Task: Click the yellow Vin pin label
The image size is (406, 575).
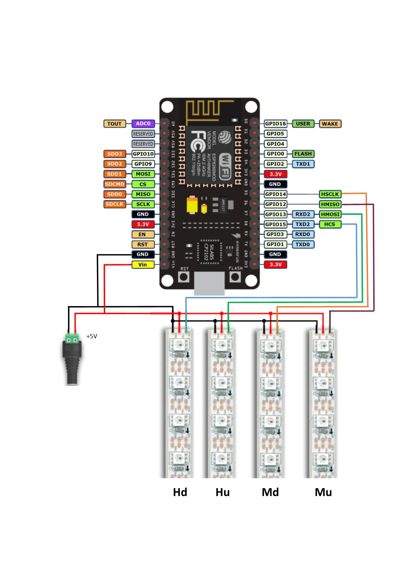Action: (143, 265)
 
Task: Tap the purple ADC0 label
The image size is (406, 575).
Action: (143, 124)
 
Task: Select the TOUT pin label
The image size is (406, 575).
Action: (115, 124)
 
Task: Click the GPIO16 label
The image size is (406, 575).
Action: (275, 124)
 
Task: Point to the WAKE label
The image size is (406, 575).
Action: (330, 124)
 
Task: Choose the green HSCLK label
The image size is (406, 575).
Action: (330, 194)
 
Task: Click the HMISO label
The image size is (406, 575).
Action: (330, 204)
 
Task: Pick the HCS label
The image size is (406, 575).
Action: (330, 224)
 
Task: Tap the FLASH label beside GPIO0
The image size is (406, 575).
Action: (303, 154)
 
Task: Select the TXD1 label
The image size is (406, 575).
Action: (303, 164)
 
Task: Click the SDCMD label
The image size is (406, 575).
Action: (115, 184)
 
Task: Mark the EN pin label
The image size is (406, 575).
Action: (142, 234)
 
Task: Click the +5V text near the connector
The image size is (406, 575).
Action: (92, 336)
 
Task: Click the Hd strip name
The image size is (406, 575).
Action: (180, 492)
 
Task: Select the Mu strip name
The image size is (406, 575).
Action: (323, 492)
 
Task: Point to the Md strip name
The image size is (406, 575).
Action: (270, 492)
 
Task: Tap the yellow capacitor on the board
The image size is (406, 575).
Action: (192, 205)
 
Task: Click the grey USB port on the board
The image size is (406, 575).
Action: (210, 283)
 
